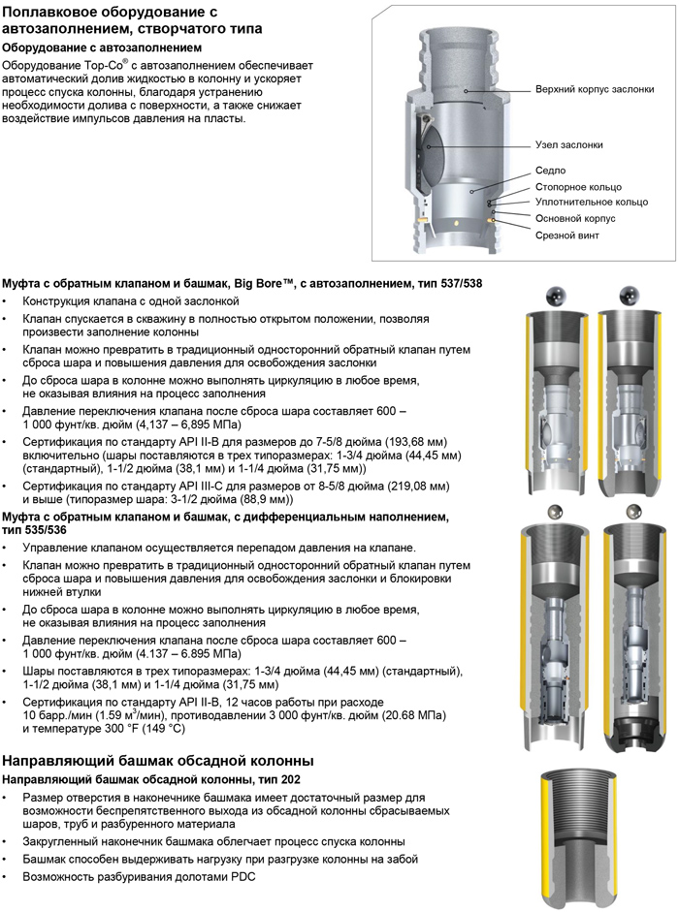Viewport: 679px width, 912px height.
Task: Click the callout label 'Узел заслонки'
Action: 568,144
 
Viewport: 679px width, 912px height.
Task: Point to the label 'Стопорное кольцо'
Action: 578,186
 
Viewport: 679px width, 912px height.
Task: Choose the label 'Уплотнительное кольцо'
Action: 591,202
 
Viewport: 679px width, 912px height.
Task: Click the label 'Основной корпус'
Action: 575,218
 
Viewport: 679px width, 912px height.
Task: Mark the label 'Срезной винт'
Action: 566,235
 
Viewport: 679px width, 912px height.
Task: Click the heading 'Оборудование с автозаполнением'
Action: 102,47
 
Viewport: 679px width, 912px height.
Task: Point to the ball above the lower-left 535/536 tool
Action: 557,511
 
